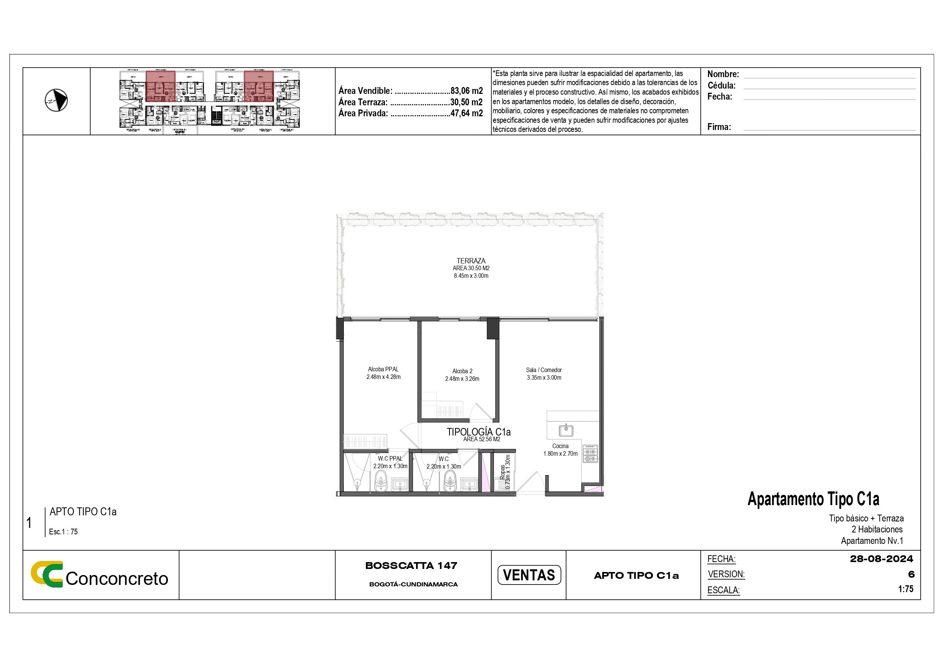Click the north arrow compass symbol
(x=56, y=100)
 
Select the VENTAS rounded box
(x=528, y=575)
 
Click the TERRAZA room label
(x=471, y=261)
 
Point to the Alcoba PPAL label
(x=383, y=369)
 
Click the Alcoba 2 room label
(x=462, y=371)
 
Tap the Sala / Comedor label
(x=544, y=370)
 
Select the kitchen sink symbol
(x=566, y=430)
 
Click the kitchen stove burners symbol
(x=590, y=453)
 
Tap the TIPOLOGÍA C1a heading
(x=478, y=432)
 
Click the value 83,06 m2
(x=467, y=91)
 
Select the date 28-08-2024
(x=881, y=559)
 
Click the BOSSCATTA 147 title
(x=411, y=566)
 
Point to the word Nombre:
(x=723, y=74)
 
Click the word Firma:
(x=719, y=127)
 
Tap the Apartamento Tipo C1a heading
(x=813, y=499)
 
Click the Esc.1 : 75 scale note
(x=63, y=531)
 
